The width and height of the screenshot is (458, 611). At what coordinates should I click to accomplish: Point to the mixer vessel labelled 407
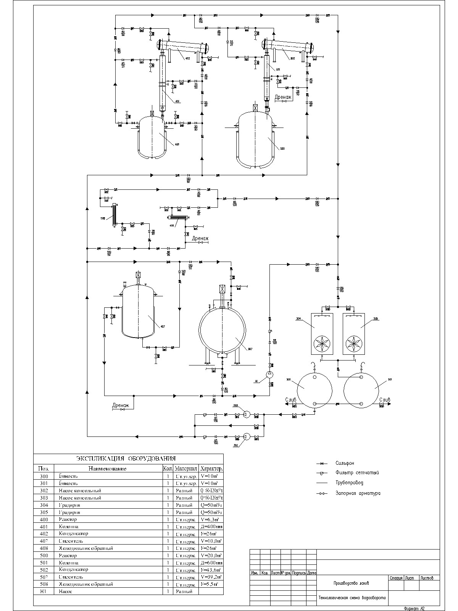[x=138, y=315]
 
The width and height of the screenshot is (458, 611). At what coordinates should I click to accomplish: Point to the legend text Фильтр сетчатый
[x=357, y=473]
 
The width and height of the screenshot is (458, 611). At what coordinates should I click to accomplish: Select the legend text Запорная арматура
[x=358, y=493]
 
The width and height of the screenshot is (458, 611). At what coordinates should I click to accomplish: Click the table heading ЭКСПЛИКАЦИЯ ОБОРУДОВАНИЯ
[x=126, y=459]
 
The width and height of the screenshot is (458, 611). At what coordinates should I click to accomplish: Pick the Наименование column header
[x=107, y=469]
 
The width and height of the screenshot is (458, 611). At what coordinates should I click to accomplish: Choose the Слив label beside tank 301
[x=385, y=400]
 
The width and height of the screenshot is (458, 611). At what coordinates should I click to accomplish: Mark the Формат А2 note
[x=415, y=608]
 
